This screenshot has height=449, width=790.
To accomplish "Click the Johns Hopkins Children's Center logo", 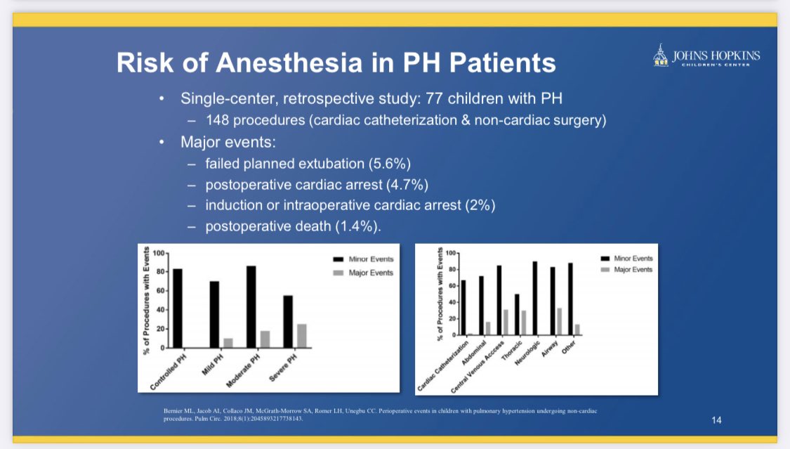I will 706,56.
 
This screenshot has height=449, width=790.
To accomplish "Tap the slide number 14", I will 716,419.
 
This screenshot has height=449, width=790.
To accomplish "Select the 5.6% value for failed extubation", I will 390,164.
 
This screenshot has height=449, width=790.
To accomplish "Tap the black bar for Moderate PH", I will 251,306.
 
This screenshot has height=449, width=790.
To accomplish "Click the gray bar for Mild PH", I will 228,343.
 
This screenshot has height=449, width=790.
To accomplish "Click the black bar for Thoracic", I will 517,314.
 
